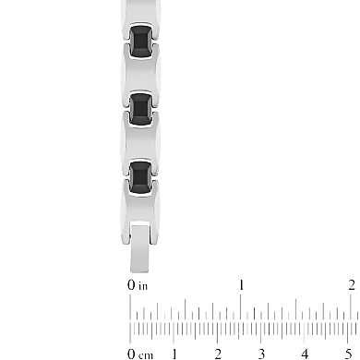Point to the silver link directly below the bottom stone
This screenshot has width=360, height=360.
[140, 205]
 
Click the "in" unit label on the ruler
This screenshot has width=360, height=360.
[142, 286]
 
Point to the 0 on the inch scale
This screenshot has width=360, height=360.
[131, 286]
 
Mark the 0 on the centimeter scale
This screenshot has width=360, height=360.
[132, 354]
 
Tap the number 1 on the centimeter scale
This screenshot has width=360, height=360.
[174, 354]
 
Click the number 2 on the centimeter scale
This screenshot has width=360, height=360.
[218, 354]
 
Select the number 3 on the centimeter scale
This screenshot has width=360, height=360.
[261, 354]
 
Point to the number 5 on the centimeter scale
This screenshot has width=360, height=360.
[347, 354]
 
